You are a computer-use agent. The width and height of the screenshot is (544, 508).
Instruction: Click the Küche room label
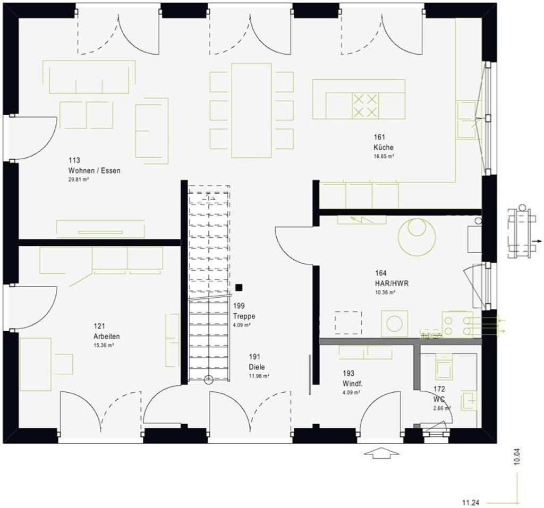(383, 148)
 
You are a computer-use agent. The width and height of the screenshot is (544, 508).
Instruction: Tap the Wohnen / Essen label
(94, 171)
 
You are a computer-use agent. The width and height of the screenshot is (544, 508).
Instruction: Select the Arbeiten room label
(106, 337)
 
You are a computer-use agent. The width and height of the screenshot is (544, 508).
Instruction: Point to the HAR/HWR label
(392, 283)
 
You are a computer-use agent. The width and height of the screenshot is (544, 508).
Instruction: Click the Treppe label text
(244, 316)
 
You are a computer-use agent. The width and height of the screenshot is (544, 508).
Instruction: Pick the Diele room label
(257, 367)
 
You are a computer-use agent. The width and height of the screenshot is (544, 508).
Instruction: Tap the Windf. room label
(351, 383)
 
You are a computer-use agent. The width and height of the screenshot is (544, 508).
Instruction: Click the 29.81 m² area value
(78, 180)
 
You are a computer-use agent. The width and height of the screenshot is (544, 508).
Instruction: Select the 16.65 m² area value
(383, 157)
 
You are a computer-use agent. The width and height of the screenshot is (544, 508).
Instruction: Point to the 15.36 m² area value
(104, 345)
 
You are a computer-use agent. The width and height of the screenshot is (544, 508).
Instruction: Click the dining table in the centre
(251, 110)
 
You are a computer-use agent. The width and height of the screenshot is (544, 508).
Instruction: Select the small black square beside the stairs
(239, 287)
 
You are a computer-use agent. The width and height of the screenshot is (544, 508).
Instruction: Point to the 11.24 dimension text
(471, 502)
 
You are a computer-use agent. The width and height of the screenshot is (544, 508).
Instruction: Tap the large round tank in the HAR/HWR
(417, 236)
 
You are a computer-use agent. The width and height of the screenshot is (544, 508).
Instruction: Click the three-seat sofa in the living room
(89, 78)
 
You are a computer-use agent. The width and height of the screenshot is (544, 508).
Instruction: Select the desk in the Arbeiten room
(36, 363)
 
